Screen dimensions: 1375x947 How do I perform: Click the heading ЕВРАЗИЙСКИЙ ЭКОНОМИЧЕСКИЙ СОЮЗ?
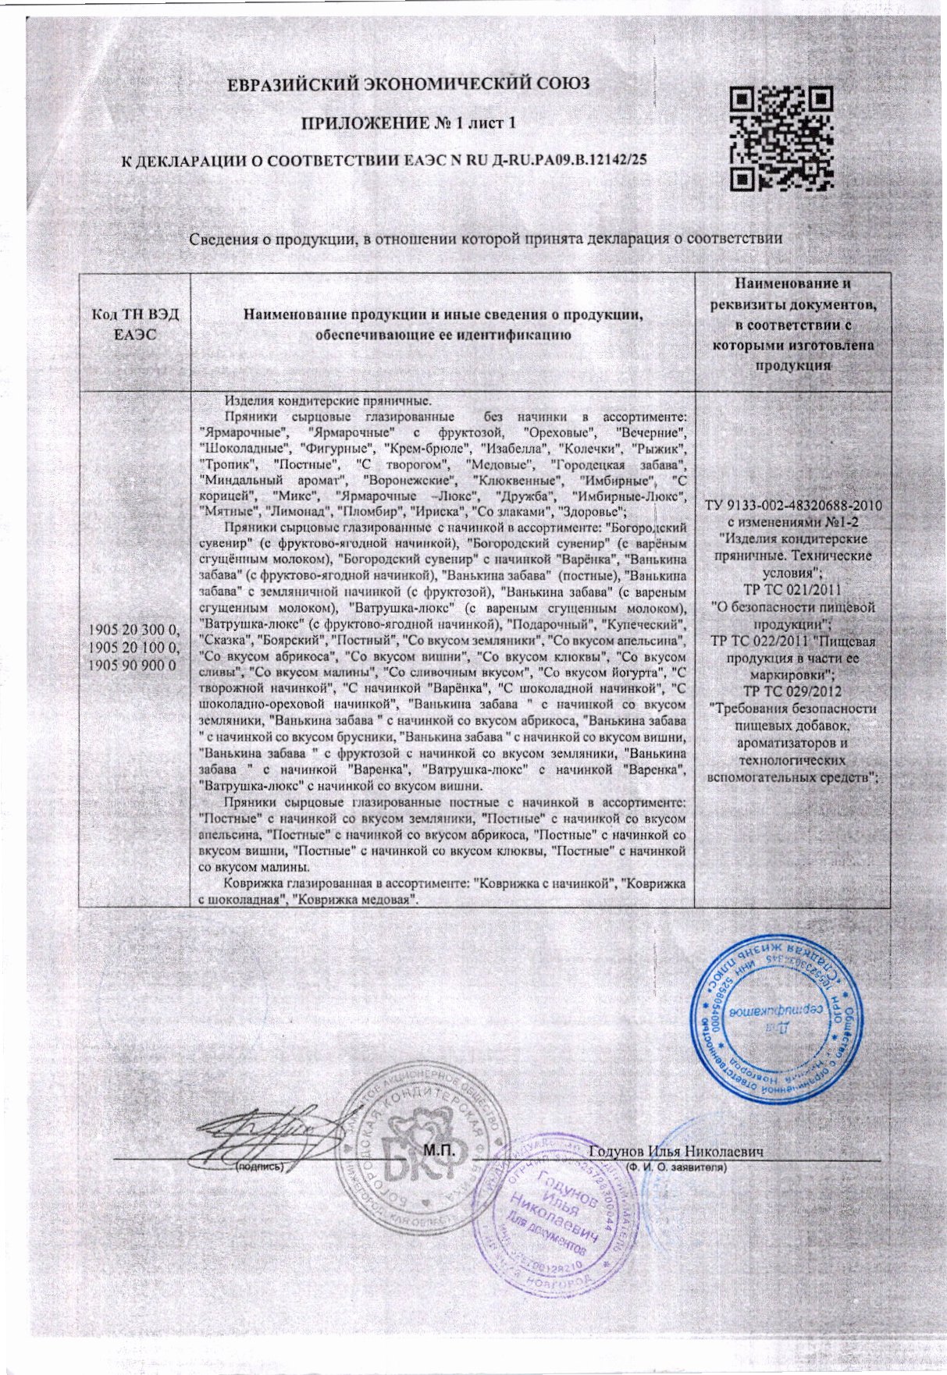(x=409, y=85)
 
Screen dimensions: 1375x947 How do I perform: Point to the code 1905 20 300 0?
(x=135, y=631)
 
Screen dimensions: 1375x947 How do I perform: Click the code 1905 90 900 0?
(x=135, y=664)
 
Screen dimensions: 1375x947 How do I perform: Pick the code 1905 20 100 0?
(x=135, y=648)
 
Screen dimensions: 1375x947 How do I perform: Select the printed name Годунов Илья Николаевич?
(x=675, y=1151)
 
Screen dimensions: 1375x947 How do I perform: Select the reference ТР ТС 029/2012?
(x=793, y=691)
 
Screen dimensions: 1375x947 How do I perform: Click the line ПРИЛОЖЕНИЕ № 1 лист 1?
(x=409, y=123)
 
